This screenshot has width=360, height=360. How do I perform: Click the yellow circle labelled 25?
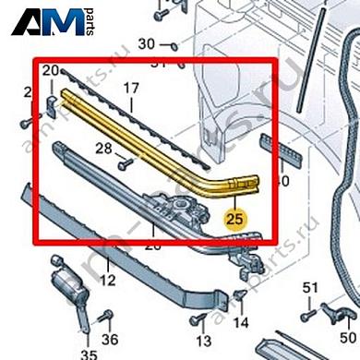click(235, 220)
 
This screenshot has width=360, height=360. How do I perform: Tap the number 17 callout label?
click(131, 90)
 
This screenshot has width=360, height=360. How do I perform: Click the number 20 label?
click(51, 71)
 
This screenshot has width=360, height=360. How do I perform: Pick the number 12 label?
click(108, 281)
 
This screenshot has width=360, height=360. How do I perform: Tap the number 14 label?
click(242, 322)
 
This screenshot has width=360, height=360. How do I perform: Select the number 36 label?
click(110, 339)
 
